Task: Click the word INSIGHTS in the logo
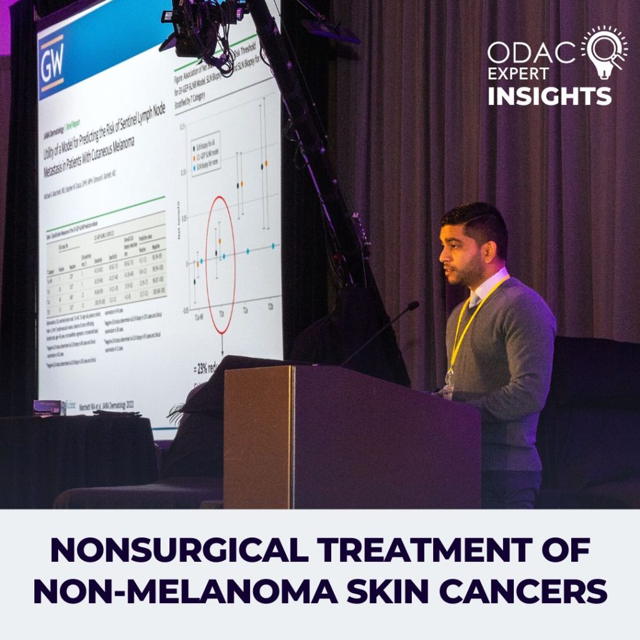pos(549,96)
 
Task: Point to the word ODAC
pos(531,53)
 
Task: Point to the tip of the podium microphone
pos(413,306)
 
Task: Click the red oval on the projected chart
pos(221,264)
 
